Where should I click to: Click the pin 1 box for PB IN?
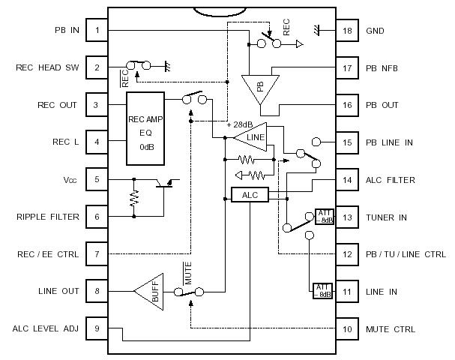click(x=97, y=31)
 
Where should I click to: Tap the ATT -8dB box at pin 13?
click(x=324, y=217)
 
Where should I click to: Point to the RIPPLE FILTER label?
click(x=46, y=217)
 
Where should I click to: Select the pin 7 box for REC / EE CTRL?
click(x=97, y=254)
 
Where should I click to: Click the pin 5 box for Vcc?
click(x=97, y=180)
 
